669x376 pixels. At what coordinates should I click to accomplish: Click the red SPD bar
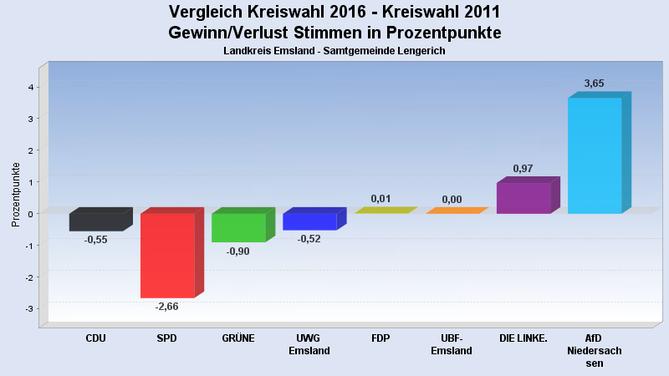(x=167, y=255)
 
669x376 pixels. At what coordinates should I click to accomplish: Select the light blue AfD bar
(x=595, y=155)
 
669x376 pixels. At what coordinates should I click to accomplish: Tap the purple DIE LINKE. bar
(x=523, y=197)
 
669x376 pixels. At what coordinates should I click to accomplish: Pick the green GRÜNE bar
(x=238, y=227)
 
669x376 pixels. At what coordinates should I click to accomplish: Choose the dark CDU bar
(x=96, y=221)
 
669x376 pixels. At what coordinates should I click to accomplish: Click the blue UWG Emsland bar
(x=309, y=221)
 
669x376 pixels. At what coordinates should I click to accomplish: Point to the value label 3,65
(x=594, y=83)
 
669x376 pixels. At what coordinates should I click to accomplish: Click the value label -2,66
(x=167, y=306)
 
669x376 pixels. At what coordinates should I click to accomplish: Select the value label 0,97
(x=523, y=168)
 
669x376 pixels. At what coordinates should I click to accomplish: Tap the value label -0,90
(x=238, y=251)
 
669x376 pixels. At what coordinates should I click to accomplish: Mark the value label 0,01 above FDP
(x=380, y=198)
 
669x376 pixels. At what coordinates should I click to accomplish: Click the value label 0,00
(x=452, y=199)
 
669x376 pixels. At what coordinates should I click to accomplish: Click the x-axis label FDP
(x=380, y=338)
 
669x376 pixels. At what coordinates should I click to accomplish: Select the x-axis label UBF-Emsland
(x=452, y=344)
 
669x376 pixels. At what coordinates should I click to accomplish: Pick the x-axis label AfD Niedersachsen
(x=595, y=350)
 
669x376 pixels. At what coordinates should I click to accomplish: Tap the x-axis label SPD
(x=167, y=338)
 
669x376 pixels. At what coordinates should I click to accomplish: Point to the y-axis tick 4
(x=30, y=87)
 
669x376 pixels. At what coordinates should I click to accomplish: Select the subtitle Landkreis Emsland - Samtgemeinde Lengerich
(x=334, y=51)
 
